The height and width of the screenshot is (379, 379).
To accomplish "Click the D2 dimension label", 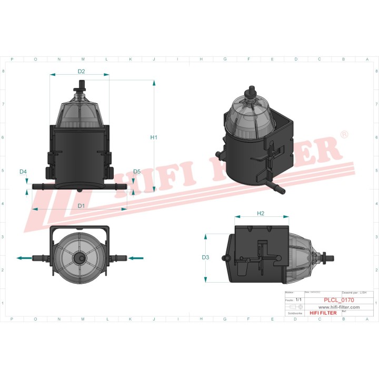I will point(82,71).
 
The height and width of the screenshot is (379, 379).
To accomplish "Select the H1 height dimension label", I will point(154,137).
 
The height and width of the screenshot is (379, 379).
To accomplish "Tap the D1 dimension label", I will point(82,206).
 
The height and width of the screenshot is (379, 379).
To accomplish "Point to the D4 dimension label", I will point(23,172).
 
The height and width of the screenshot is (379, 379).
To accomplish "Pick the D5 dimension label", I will point(137,172).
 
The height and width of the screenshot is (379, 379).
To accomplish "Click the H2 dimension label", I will point(261,213).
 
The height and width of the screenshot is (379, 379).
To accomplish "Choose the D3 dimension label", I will point(206,257).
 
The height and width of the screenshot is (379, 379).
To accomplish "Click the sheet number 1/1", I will point(298,300).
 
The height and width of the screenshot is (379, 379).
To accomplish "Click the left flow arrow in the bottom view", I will point(24,258).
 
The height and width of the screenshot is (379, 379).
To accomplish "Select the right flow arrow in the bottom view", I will point(136,258).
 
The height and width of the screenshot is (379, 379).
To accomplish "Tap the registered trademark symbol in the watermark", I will point(344,135).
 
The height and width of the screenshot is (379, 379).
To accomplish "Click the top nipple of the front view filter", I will point(82,84).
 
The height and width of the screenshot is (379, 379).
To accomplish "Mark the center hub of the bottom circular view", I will point(80,258).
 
